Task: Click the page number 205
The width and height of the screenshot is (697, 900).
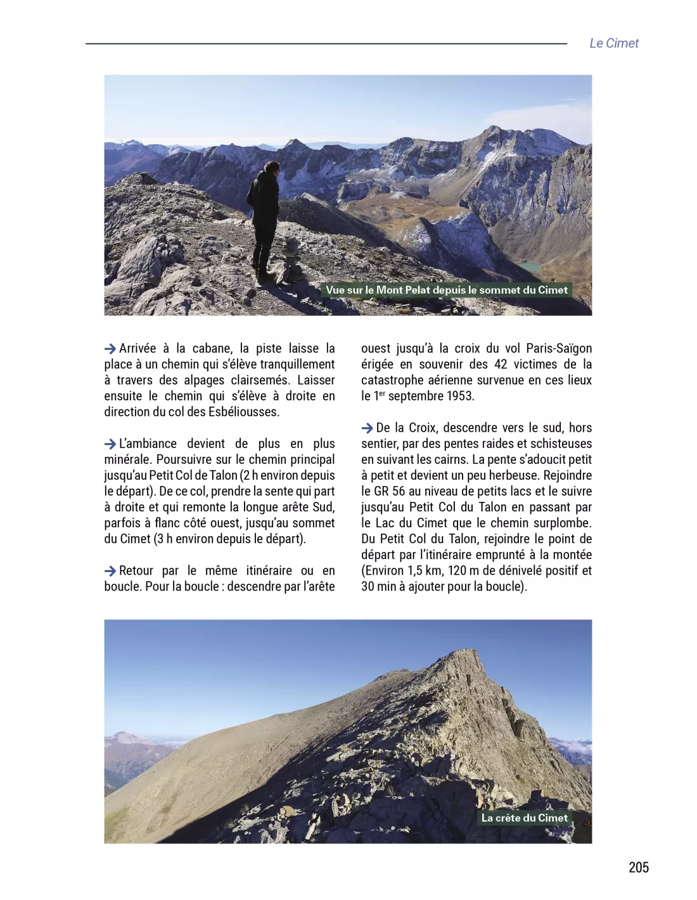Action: [638, 867]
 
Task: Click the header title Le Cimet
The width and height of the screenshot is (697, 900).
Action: [613, 43]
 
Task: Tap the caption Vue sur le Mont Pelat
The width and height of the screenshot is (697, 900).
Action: [446, 290]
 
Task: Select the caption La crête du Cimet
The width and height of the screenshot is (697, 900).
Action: [524, 818]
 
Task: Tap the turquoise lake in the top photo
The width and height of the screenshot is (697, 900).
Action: [530, 268]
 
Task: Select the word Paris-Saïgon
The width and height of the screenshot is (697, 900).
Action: [558, 349]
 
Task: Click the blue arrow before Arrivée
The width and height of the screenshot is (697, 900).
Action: [110, 349]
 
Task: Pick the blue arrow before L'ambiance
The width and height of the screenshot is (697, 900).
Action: [110, 444]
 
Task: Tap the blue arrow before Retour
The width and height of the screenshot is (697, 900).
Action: [110, 571]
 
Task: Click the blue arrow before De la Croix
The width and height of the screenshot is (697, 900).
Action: [368, 428]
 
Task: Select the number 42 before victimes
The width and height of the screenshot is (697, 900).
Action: [500, 365]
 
